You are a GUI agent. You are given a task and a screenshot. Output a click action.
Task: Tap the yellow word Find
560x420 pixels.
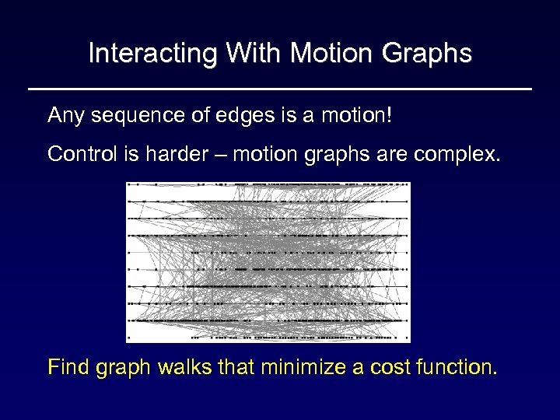tap(68, 366)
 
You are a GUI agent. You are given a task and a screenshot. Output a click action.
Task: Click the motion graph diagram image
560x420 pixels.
tap(268, 262)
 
